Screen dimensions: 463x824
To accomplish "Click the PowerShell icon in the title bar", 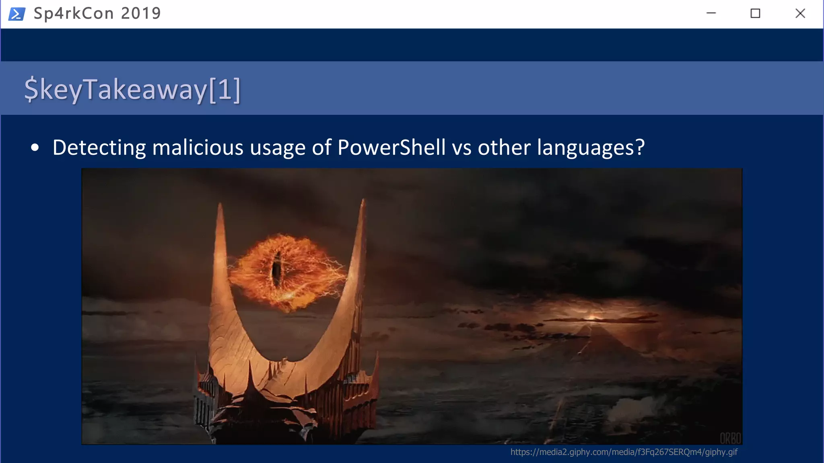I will tap(17, 14).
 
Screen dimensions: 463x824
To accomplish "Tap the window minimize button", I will tap(711, 13).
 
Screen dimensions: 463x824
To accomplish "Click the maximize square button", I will tap(755, 14).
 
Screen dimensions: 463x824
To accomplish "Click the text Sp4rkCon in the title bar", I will tap(74, 14).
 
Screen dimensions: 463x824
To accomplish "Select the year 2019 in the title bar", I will tap(141, 14).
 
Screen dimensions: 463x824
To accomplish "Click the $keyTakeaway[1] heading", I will tap(132, 89).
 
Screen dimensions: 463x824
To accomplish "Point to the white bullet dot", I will tap(35, 148).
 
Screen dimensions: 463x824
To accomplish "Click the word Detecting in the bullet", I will tap(99, 148).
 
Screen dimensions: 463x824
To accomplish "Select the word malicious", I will tap(198, 148).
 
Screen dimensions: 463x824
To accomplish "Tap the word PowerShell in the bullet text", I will tap(391, 148).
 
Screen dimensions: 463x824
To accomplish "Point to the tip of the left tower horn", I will tap(220, 205).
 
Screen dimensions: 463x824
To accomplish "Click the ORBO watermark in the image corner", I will tap(730, 438).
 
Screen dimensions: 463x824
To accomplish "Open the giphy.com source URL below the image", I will tap(624, 452).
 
